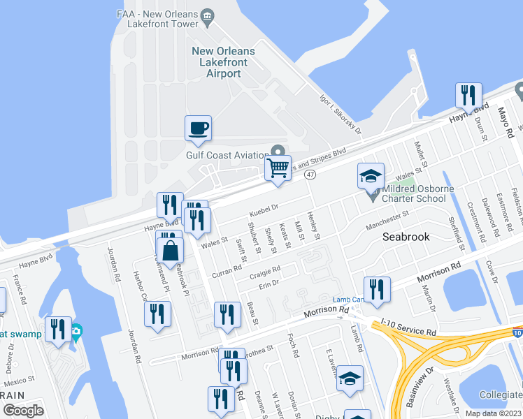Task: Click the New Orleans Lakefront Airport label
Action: [223, 62]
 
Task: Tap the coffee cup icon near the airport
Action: [198, 128]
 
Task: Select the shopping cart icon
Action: [278, 168]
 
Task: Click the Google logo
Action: [23, 411]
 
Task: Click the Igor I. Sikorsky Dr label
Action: [339, 119]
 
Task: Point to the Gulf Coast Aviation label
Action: [227, 155]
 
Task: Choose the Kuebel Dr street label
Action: [265, 207]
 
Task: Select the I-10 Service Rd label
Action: [409, 327]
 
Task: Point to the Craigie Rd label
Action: [266, 270]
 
